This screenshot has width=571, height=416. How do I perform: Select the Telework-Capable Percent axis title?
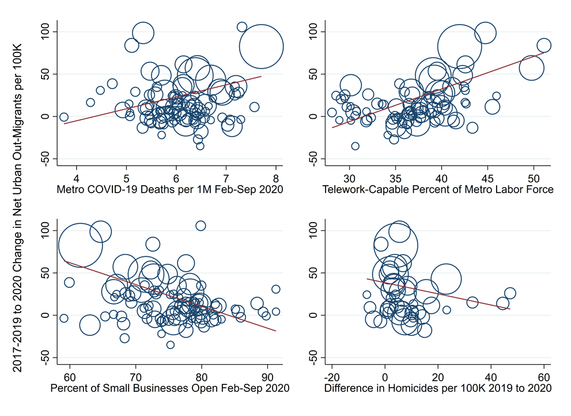coord(438,190)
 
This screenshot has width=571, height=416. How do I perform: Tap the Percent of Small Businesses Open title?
coord(170,388)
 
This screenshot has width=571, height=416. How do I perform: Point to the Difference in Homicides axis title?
coord(438,388)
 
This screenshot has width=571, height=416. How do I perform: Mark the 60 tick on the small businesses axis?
coord(70,377)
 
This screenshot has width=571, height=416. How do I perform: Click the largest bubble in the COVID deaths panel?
coord(261,47)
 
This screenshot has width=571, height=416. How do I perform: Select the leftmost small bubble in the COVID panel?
coord(63,117)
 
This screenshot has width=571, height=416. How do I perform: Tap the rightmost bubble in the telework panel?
coord(544,46)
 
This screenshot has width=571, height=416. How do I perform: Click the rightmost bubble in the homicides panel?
coord(510,294)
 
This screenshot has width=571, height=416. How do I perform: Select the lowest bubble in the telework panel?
coord(355,146)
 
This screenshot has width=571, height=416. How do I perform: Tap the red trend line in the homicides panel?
coord(438,294)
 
